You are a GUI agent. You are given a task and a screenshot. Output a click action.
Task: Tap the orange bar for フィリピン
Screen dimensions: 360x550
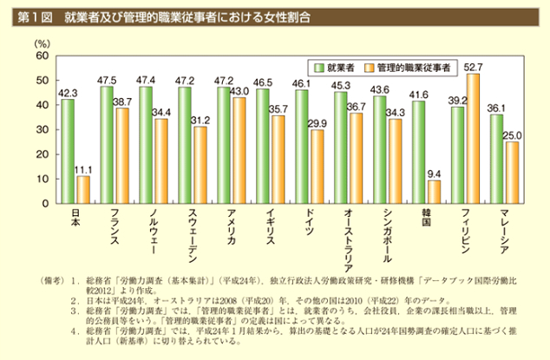(473, 138)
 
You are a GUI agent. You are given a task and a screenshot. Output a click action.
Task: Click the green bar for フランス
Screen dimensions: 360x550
(107, 144)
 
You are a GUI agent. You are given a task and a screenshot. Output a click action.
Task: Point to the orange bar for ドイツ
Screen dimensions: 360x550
(317, 167)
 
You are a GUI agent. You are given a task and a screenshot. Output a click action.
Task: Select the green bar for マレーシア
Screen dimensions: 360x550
(496, 159)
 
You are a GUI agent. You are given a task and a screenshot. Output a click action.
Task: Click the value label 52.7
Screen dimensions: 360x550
(473, 67)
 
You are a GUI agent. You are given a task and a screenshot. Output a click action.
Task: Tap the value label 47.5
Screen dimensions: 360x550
(107, 80)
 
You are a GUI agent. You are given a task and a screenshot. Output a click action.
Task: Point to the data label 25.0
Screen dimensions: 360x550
(512, 135)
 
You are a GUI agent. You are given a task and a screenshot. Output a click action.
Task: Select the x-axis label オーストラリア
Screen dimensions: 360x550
(348, 244)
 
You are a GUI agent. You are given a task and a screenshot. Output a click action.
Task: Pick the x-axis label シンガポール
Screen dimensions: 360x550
(387, 240)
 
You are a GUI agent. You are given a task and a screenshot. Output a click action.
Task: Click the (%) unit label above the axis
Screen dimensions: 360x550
(41, 42)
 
